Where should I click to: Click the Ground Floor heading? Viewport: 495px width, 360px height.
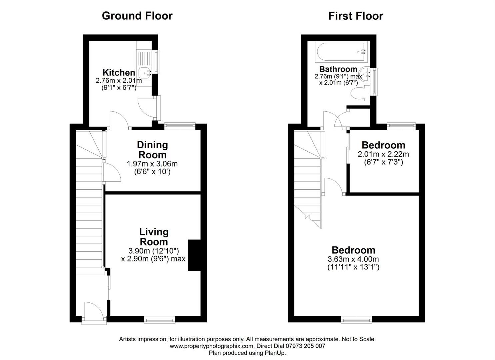click(137, 16)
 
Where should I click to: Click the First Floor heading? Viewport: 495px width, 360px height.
click(356, 16)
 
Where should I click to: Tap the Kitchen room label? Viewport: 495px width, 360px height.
click(119, 72)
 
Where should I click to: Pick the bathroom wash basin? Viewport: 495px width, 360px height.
click(365, 74)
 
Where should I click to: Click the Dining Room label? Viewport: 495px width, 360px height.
click(152, 150)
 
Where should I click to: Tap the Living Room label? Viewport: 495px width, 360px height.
click(154, 237)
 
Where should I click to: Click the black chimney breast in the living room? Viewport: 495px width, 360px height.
click(194, 255)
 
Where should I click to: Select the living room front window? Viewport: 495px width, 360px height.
click(160, 320)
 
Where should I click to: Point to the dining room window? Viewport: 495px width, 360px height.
click(180, 126)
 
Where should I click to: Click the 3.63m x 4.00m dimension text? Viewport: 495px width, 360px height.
click(353, 259)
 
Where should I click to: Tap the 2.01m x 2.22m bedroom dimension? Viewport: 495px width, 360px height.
click(383, 154)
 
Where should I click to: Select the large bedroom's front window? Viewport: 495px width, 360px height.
click(356, 320)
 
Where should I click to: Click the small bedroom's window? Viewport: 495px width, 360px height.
click(401, 126)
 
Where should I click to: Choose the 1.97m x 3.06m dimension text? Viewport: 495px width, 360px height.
click(152, 164)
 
